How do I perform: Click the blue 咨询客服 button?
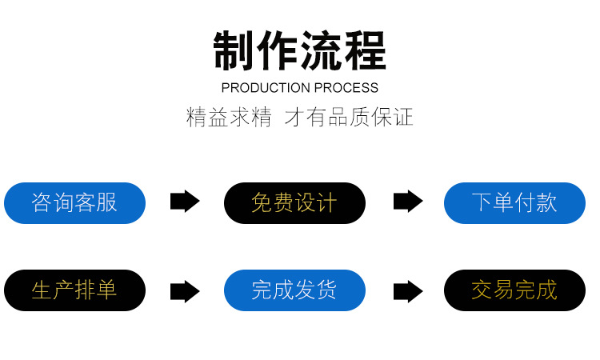pos(74,202)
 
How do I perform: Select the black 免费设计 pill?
pos(294,202)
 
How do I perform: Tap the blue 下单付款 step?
pos(514,202)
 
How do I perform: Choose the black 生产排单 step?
pos(74,290)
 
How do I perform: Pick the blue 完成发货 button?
pos(294,290)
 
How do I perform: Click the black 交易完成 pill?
pos(514,290)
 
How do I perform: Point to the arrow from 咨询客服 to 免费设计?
pos(185,202)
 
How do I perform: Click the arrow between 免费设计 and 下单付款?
pos(408,202)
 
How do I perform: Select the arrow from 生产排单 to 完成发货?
pos(185,291)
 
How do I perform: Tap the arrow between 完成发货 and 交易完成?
pos(408,291)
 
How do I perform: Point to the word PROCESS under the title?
pos(346,88)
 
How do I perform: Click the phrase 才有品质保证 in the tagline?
pos(349,118)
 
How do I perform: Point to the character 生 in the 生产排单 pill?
pos(42,290)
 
